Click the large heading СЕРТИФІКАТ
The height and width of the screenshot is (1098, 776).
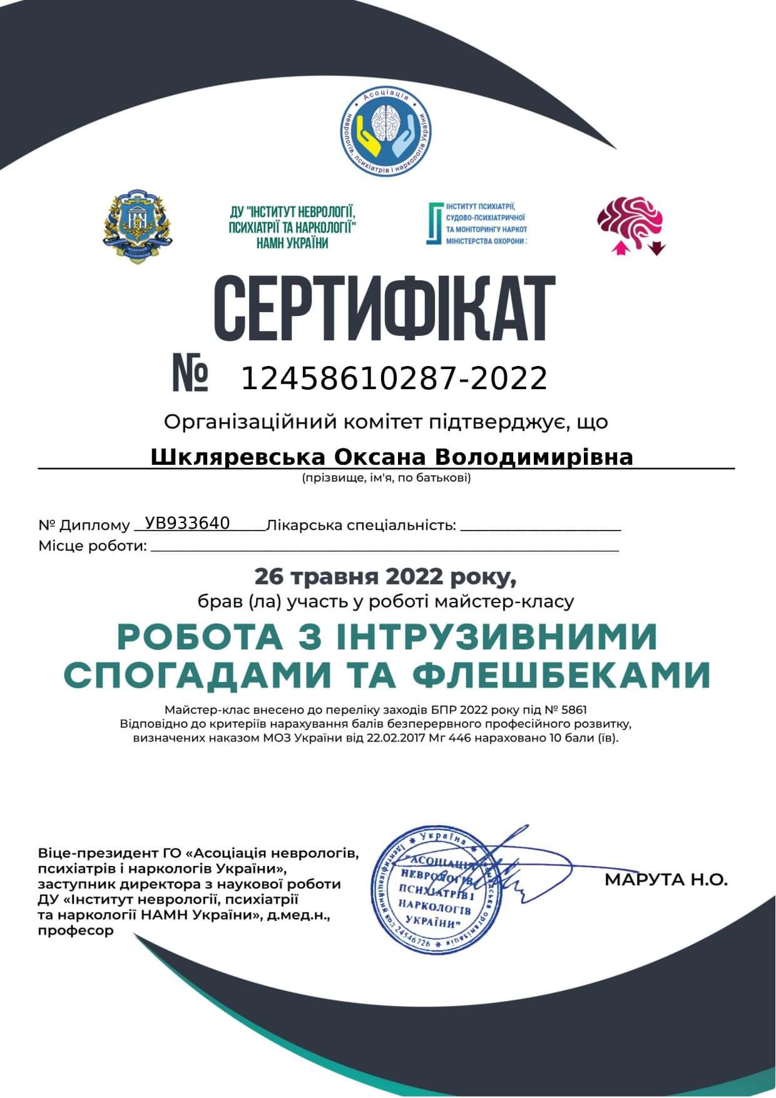[x=384, y=309]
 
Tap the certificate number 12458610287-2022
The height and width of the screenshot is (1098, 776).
[x=394, y=379]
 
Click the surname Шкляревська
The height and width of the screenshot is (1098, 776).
[x=237, y=457]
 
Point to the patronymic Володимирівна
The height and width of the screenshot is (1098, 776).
[x=533, y=457]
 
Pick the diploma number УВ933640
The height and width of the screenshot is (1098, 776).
[x=187, y=523]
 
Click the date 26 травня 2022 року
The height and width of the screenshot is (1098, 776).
[x=385, y=576]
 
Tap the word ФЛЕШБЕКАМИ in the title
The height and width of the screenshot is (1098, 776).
[x=561, y=674]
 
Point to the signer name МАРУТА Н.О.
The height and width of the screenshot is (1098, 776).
[x=666, y=880]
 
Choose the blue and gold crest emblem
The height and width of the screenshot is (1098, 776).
[x=138, y=226]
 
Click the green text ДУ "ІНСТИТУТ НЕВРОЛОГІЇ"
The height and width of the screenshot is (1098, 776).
[x=292, y=213]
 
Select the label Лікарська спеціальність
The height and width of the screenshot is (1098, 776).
[x=361, y=526]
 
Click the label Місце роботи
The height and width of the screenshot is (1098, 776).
[x=93, y=546]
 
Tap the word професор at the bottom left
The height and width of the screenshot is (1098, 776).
[x=76, y=930]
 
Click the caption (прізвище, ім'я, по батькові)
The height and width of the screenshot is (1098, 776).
[x=385, y=479]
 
